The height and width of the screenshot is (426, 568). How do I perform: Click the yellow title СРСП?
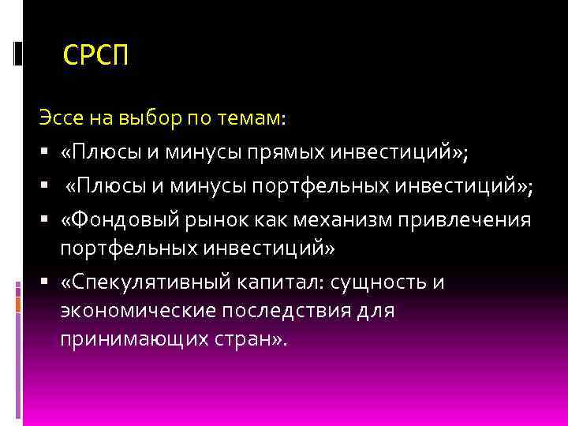click(95, 56)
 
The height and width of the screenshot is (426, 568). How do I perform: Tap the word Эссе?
click(59, 118)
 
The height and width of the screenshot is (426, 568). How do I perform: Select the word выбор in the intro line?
click(149, 118)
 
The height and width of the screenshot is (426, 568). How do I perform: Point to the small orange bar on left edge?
click(17, 304)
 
